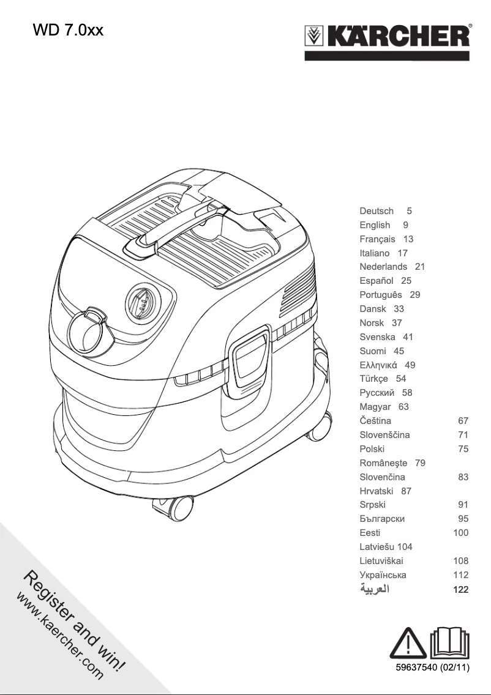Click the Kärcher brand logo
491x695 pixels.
click(388, 37)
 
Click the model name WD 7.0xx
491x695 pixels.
click(69, 30)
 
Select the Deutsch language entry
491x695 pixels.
click(377, 211)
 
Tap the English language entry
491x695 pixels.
click(375, 225)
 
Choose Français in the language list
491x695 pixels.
click(377, 239)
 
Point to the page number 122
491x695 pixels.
click(460, 590)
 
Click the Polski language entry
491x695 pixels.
click(372, 449)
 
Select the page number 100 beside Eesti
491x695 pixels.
click(460, 533)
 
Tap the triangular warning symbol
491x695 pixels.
click(408, 644)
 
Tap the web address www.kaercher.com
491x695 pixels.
click(58, 636)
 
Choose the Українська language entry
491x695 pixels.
click(383, 575)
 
